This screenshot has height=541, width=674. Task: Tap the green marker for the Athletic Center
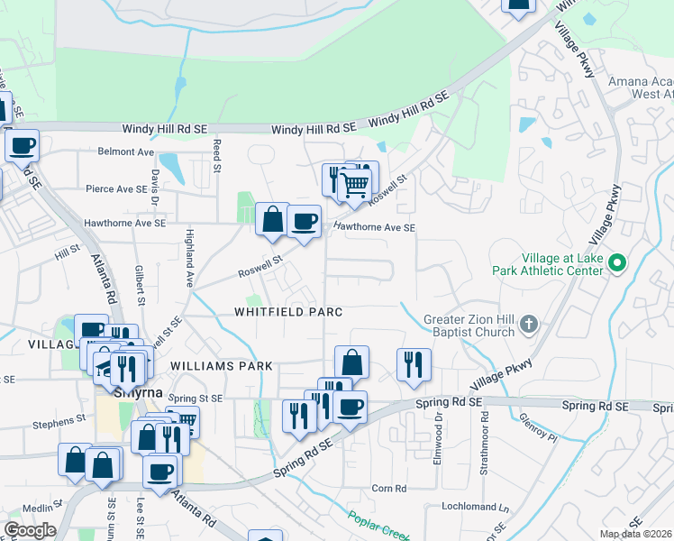tap(617, 263)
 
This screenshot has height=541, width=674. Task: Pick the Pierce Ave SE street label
tap(115, 189)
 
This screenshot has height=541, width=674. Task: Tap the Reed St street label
tap(217, 155)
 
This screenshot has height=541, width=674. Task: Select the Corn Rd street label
tap(389, 489)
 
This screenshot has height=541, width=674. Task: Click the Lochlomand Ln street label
tap(467, 507)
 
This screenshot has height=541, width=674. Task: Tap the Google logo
tap(30, 530)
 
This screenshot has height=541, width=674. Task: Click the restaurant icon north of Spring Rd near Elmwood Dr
tap(414, 364)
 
